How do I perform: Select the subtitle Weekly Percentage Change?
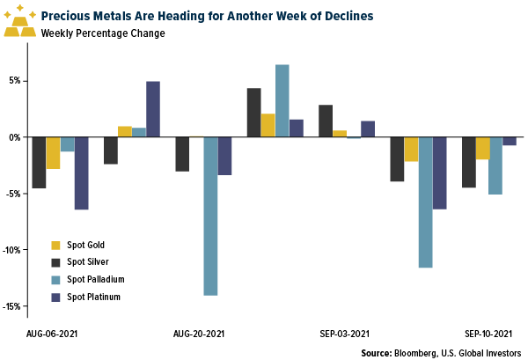tap(102, 33)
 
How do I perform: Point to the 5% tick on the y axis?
tap(15, 81)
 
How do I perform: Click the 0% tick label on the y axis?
tap(15, 137)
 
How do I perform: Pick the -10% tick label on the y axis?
tap(12, 250)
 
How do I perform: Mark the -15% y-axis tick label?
tap(12, 306)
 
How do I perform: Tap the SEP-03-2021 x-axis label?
tap(342, 334)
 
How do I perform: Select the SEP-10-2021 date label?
tap(490, 334)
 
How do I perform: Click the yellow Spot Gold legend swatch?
tap(57, 245)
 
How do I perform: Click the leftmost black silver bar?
tap(39, 163)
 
